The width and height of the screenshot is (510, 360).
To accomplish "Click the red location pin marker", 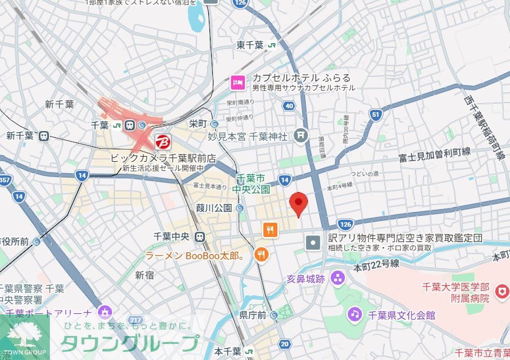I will (x=299, y=203).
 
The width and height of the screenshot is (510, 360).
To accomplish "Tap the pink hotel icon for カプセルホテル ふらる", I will (x=238, y=83).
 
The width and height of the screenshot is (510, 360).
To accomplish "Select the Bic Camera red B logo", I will (x=162, y=141).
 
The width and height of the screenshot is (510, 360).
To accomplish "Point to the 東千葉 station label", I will (x=250, y=46).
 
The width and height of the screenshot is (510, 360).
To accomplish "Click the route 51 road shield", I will (x=375, y=114).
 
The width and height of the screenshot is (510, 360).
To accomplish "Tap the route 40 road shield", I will (x=289, y=106).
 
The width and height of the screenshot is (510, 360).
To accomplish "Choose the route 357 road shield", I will (x=5, y=181).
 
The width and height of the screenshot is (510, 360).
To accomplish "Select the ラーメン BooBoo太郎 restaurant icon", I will (x=261, y=254).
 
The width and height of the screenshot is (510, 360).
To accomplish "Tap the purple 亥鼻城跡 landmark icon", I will (x=338, y=279).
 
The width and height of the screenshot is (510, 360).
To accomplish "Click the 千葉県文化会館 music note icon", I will (x=355, y=314).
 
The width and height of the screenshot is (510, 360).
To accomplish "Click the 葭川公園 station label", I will (x=215, y=208).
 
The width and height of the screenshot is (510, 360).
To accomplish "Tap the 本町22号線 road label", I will (x=376, y=264).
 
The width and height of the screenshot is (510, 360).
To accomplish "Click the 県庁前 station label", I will (x=253, y=314).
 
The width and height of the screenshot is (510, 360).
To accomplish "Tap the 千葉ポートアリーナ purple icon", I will (x=104, y=312).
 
